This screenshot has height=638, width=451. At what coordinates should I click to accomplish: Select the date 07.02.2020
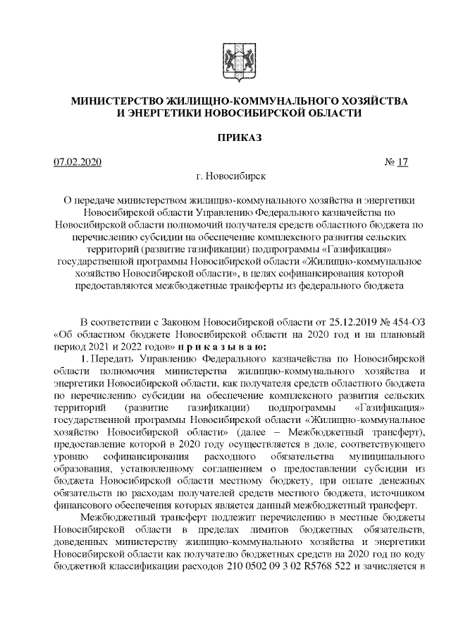coord(78,163)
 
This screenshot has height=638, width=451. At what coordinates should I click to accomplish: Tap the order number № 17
coord(396,163)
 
